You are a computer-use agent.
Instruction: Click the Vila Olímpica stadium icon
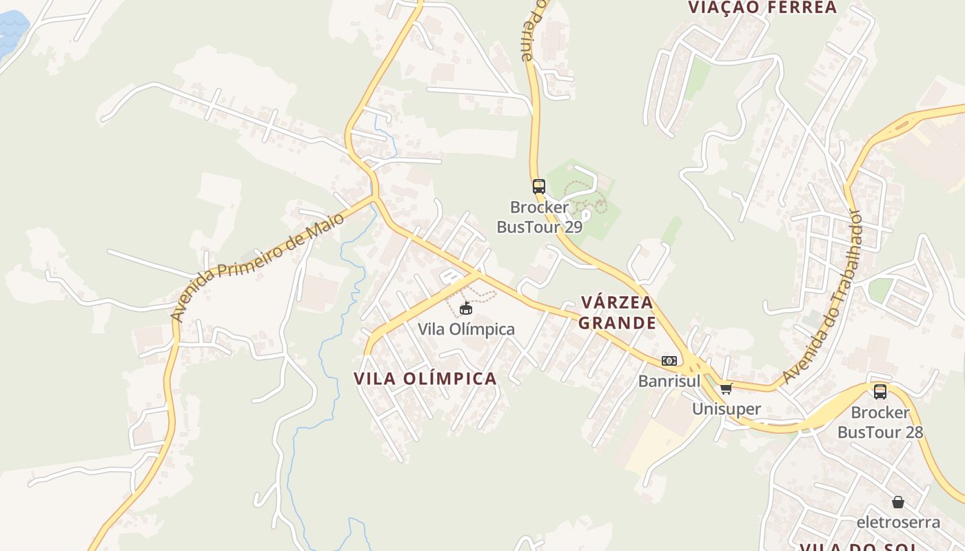466,308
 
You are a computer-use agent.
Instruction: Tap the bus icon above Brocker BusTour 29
539,186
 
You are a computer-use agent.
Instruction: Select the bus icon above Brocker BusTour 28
880,392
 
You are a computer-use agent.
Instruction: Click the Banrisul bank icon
669,361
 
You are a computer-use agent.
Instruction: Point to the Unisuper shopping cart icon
726,388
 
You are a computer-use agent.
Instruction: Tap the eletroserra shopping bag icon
897,501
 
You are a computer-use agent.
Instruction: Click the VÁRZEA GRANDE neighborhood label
617,313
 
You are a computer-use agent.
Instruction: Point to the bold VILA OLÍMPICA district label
425,378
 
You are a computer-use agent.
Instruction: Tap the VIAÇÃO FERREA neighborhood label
762,8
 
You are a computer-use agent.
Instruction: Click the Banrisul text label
669,381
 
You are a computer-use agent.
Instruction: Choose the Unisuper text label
727,409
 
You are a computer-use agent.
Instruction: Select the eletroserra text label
898,521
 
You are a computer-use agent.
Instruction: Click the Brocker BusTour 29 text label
540,217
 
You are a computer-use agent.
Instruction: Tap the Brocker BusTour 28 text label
880,422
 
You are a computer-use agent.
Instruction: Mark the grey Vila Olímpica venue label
467,329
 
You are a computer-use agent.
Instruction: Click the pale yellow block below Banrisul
651,448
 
